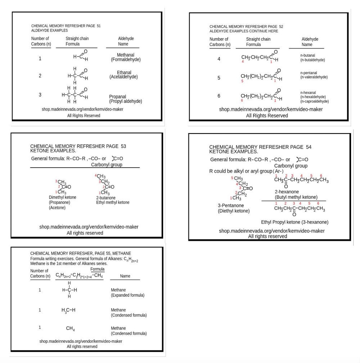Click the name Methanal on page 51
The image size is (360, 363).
coord(125,55)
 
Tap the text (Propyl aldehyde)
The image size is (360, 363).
coord(126,101)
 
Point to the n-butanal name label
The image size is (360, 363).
coord(307,55)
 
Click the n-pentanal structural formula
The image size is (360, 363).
coord(261,76)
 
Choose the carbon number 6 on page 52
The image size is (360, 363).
coord(219,96)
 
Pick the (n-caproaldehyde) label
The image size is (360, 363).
coord(314,101)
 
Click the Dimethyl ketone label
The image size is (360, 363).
coord(63,198)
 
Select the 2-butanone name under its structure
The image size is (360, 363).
coord(106,198)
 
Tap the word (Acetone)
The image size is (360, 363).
coord(57,208)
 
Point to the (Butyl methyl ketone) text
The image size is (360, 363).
coord(296,197)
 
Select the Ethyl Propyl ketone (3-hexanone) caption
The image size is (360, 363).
coord(294,222)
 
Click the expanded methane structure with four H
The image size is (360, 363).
coord(69,290)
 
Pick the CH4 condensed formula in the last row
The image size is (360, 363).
coord(70,328)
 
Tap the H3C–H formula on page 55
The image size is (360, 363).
coord(68,310)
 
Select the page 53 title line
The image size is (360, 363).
coord(78,146)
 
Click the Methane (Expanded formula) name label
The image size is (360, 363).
coord(127,292)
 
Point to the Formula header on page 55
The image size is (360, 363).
coord(97,269)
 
